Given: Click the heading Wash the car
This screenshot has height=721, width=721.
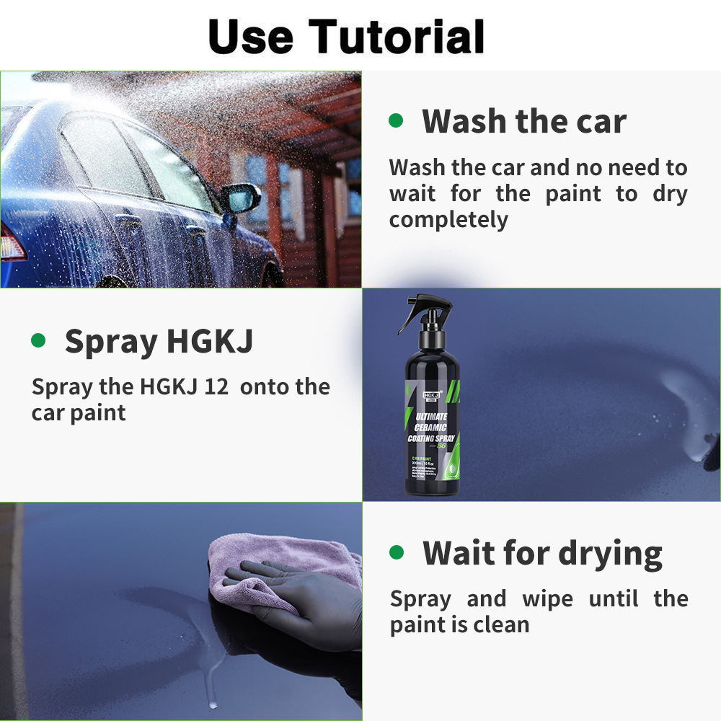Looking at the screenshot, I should tap(524, 120).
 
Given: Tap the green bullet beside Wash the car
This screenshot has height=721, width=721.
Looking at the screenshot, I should tap(396, 120).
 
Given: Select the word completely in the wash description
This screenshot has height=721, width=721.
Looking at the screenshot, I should tap(448, 219).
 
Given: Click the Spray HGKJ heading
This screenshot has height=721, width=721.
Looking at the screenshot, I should tap(159, 341).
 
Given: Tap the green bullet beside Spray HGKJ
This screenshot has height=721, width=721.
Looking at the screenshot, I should tap(38, 340).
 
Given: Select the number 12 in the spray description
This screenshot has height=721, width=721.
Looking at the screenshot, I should tap(216, 386).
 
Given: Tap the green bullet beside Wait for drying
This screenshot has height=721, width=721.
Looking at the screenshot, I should tap(396, 552).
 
